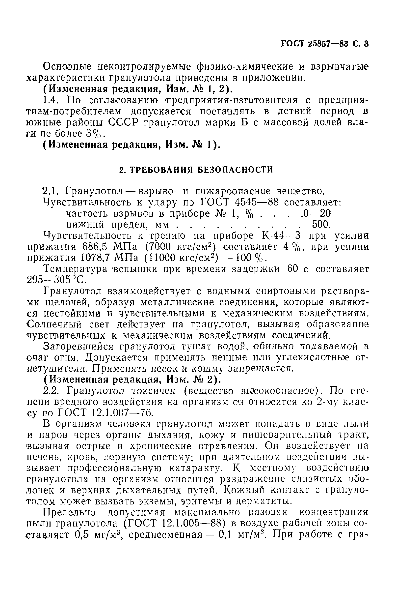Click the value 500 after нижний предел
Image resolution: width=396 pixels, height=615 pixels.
(x=320, y=225)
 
